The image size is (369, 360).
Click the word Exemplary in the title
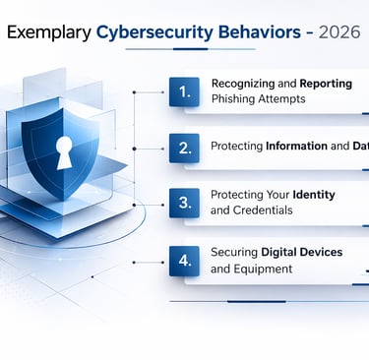pyautogui.click(x=49, y=32)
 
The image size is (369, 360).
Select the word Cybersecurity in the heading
pyautogui.click(x=154, y=32)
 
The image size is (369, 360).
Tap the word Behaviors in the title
pyautogui.click(x=260, y=32)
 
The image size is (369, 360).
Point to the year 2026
pyautogui.click(x=339, y=32)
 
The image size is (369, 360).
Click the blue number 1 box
pyautogui.click(x=184, y=91)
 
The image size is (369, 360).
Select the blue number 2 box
pyautogui.click(x=184, y=149)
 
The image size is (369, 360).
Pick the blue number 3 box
pyautogui.click(x=184, y=203)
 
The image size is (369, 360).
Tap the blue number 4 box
pyautogui.click(x=184, y=261)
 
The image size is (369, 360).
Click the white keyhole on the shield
pyautogui.click(x=64, y=152)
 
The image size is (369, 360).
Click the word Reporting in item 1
pyautogui.click(x=326, y=84)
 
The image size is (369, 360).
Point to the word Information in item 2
pyautogui.click(x=296, y=146)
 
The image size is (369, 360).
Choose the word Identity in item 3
pyautogui.click(x=314, y=195)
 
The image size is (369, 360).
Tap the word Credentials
pyautogui.click(x=263, y=210)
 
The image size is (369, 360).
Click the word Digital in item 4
pyautogui.click(x=278, y=253)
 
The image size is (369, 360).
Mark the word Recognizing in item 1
pyautogui.click(x=243, y=84)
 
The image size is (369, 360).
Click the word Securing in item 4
pyautogui.click(x=234, y=253)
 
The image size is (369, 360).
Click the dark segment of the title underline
pyautogui.click(x=191, y=49)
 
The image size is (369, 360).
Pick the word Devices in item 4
pyautogui.click(x=322, y=252)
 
